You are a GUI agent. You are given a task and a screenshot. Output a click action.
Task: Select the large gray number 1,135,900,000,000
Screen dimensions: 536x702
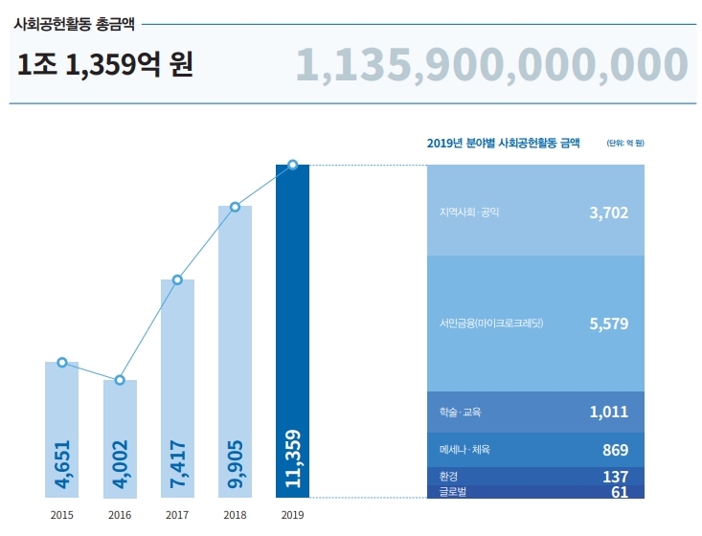pos(491,65)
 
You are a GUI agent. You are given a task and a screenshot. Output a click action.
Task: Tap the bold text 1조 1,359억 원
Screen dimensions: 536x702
pos(105,65)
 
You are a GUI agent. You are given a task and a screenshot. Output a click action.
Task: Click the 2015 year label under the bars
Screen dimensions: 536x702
pos(62,515)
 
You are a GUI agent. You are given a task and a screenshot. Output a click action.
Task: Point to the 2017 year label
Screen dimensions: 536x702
pos(177,515)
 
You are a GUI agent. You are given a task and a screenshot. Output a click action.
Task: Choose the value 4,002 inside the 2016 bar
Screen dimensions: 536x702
pos(120,464)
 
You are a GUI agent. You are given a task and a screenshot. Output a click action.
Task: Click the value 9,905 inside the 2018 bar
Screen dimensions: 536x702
pos(236,464)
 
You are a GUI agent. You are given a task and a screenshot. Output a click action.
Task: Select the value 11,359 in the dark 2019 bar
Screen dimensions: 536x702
pos(293,460)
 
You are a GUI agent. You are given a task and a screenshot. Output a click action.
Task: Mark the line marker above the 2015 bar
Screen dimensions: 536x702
pos(62,363)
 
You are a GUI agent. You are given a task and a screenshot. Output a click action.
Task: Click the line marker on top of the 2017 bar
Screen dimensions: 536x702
pos(177,279)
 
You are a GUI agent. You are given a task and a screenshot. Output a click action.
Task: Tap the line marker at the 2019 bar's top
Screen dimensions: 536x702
pos(293,165)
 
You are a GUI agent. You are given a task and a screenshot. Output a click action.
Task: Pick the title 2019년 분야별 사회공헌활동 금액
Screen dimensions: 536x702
pos(503,144)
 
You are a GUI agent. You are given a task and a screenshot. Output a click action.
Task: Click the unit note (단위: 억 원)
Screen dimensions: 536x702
pos(624,144)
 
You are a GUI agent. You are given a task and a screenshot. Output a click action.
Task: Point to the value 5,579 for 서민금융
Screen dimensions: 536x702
pos(608,324)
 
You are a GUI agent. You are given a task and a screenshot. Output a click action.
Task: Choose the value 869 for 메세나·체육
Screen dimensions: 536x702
pos(615,449)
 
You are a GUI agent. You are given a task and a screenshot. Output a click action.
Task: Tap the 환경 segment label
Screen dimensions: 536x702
pos(437,476)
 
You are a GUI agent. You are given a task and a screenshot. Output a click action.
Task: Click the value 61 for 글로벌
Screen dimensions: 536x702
pos(620,492)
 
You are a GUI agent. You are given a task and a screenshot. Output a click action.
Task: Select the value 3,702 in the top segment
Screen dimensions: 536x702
pos(608,212)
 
